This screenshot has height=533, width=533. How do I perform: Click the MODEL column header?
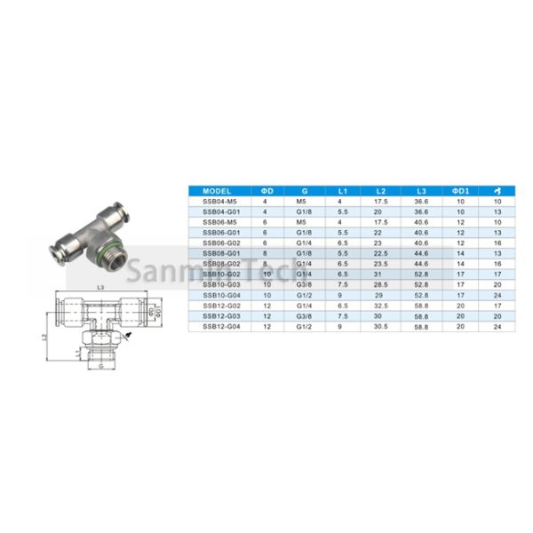[217, 191]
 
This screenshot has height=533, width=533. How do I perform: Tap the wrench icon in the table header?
[497, 191]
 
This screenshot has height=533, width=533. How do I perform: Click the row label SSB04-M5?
[217, 202]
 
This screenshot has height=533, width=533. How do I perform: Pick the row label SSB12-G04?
[217, 327]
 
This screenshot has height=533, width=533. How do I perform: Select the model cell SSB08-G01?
[217, 253]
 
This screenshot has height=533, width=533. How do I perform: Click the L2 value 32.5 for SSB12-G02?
[380, 306]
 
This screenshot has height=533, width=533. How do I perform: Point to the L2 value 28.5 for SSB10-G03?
[380, 285]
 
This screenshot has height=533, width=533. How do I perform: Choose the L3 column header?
[420, 191]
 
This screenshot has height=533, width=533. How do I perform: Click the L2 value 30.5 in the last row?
[380, 327]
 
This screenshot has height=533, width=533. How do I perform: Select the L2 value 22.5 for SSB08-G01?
[380, 253]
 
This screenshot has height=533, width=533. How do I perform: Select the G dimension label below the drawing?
[102, 365]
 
